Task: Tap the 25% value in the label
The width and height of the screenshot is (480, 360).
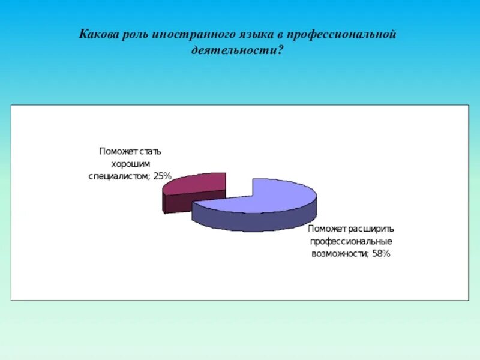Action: click(x=163, y=176)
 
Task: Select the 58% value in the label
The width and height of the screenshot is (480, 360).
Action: click(x=380, y=254)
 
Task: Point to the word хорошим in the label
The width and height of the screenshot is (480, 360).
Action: click(x=128, y=163)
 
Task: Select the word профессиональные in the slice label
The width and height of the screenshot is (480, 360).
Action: click(x=351, y=242)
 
